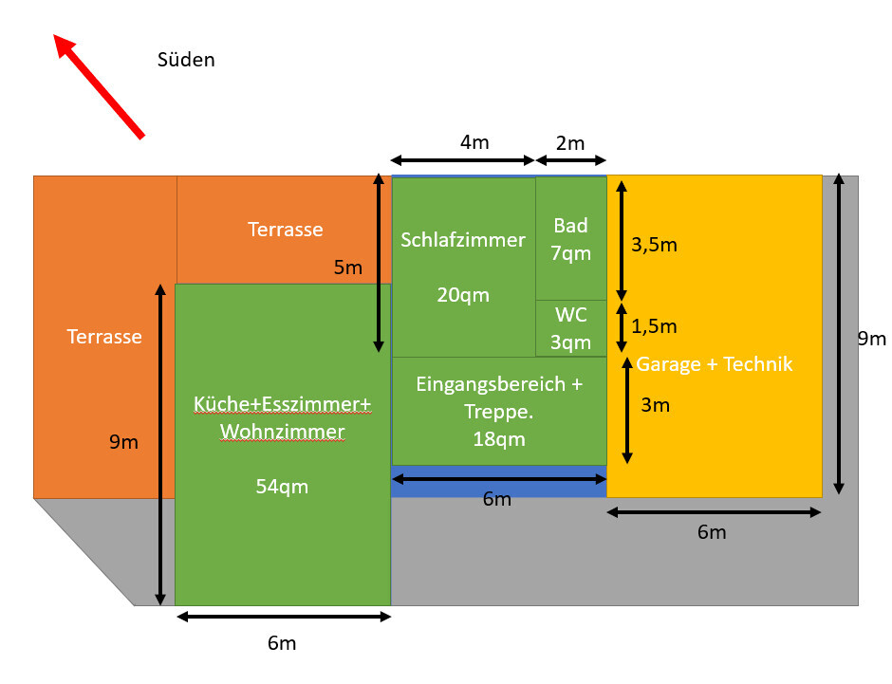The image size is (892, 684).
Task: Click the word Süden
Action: pos(186,60)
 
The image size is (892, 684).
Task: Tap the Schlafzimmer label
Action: pos(463,240)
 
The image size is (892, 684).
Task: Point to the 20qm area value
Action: pos(463,295)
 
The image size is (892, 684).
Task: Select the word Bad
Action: pos(570,226)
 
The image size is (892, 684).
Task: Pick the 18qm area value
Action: pos(498,439)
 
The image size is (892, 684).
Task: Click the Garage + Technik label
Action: pos(714,364)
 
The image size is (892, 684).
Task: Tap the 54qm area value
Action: pos(282,487)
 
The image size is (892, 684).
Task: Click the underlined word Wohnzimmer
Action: pos(282,433)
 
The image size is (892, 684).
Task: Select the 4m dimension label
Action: pos(474,142)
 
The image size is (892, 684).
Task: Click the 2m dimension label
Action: pos(570,142)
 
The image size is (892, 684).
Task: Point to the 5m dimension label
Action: pos(348,268)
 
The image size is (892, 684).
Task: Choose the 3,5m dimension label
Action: pos(654,245)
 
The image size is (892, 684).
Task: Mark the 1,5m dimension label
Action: pos(654,326)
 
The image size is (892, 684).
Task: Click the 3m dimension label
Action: pos(655,405)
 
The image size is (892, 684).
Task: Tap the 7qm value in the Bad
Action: pos(570,253)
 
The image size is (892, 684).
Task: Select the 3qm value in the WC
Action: pos(570,342)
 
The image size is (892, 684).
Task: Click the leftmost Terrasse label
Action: pos(104,337)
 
